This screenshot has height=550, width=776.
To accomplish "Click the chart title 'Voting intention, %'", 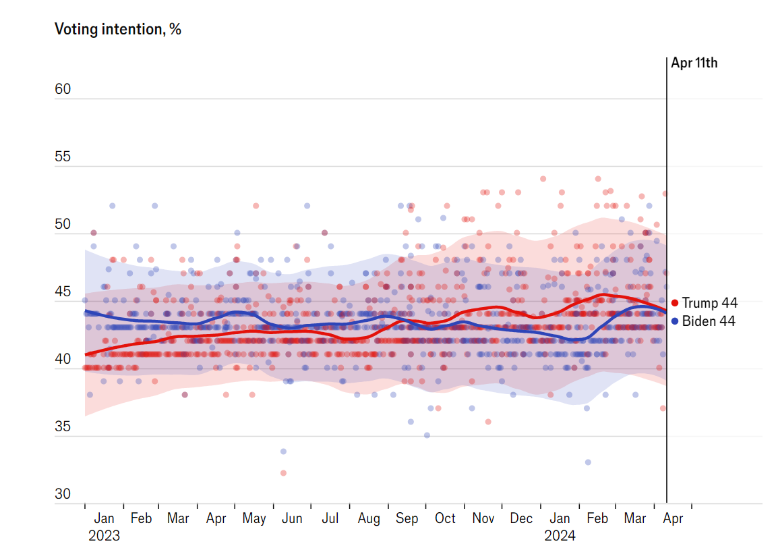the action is (118, 29).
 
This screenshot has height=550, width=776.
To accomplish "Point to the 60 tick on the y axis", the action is (63, 89).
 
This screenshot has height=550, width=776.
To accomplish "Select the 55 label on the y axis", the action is (63, 157).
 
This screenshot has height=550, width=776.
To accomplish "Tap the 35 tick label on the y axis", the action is (63, 427).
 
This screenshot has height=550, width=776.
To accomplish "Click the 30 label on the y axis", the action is (63, 494).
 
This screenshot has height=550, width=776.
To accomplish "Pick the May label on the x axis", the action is (254, 519).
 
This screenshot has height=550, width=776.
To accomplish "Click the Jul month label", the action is (330, 518).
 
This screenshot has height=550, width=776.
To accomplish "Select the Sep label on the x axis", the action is (407, 519).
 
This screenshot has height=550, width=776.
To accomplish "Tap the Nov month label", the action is (483, 518).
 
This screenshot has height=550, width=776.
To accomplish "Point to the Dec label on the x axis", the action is (521, 518).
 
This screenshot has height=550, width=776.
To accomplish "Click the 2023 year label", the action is (104, 536).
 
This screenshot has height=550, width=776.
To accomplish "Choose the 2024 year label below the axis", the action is (560, 536).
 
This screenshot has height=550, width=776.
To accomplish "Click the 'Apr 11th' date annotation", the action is (694, 63).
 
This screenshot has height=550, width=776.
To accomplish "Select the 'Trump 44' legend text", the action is (710, 303).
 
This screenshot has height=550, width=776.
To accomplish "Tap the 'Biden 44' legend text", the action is (709, 321).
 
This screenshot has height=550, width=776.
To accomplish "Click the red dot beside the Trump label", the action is (675, 303).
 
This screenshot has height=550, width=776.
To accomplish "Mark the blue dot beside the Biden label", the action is (675, 322).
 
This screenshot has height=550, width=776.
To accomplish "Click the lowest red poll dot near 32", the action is (284, 473).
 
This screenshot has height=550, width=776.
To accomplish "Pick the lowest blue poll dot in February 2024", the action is (588, 462).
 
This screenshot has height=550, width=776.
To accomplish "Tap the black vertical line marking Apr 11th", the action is (667, 280).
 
